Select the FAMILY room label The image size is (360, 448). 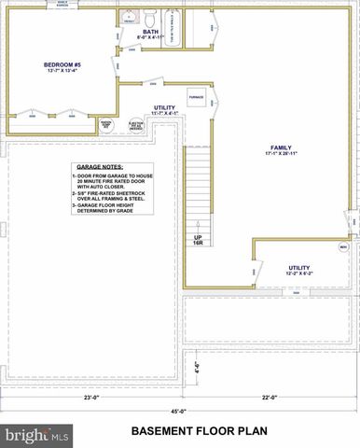tap(281, 147)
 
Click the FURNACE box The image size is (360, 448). tap(197, 96)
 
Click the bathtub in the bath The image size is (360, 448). tap(170, 27)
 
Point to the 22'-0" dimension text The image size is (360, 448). tap(270, 397)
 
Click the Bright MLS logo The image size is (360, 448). tap(38, 434)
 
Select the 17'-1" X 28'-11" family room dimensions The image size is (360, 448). tap(281, 156)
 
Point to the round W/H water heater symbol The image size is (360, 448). tap(343, 246)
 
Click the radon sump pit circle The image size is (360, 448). tap(106, 124)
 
